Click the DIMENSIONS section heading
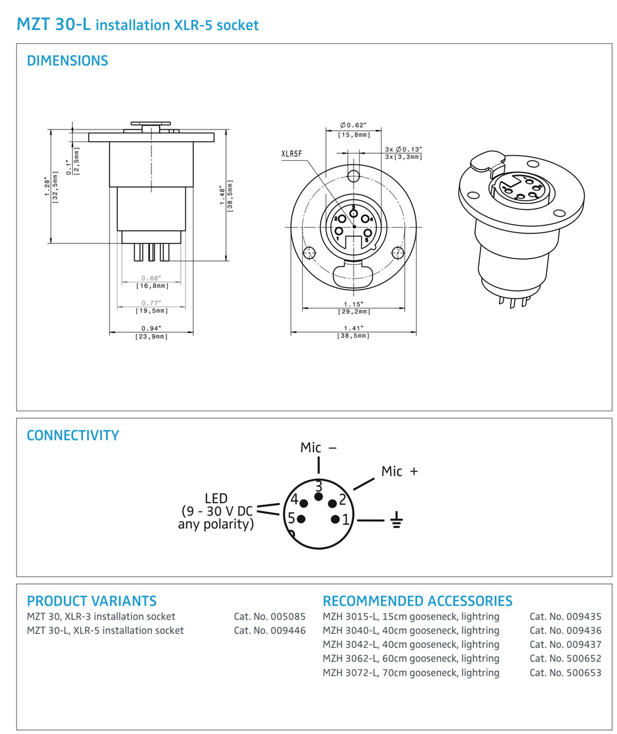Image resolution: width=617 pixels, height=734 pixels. click(67, 61)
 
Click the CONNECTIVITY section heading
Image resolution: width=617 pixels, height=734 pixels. click(73, 436)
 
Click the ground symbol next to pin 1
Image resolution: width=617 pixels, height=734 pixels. click(395, 519)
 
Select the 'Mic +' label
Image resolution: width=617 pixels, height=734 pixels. click(399, 471)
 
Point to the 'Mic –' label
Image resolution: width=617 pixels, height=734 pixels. click(319, 447)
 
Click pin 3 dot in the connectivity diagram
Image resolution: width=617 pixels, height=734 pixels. click(319, 497)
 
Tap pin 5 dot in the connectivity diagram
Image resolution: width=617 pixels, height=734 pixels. click(302, 519)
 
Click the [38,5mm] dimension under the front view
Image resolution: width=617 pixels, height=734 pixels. click(354, 336)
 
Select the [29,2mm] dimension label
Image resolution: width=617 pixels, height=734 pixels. click(354, 311)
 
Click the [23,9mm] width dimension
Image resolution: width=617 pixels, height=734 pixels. click(151, 337)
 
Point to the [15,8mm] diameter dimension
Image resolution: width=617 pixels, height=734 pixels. click(354, 135)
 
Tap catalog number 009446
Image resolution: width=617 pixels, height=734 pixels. click(270, 630)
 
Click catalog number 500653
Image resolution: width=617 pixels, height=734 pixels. click(565, 673)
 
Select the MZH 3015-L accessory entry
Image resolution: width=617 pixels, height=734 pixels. click(410, 616)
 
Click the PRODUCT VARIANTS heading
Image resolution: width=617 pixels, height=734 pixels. click(91, 601)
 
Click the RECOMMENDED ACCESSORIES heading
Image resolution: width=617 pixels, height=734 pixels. click(417, 601)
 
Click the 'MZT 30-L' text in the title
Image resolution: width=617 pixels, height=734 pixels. click(53, 25)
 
